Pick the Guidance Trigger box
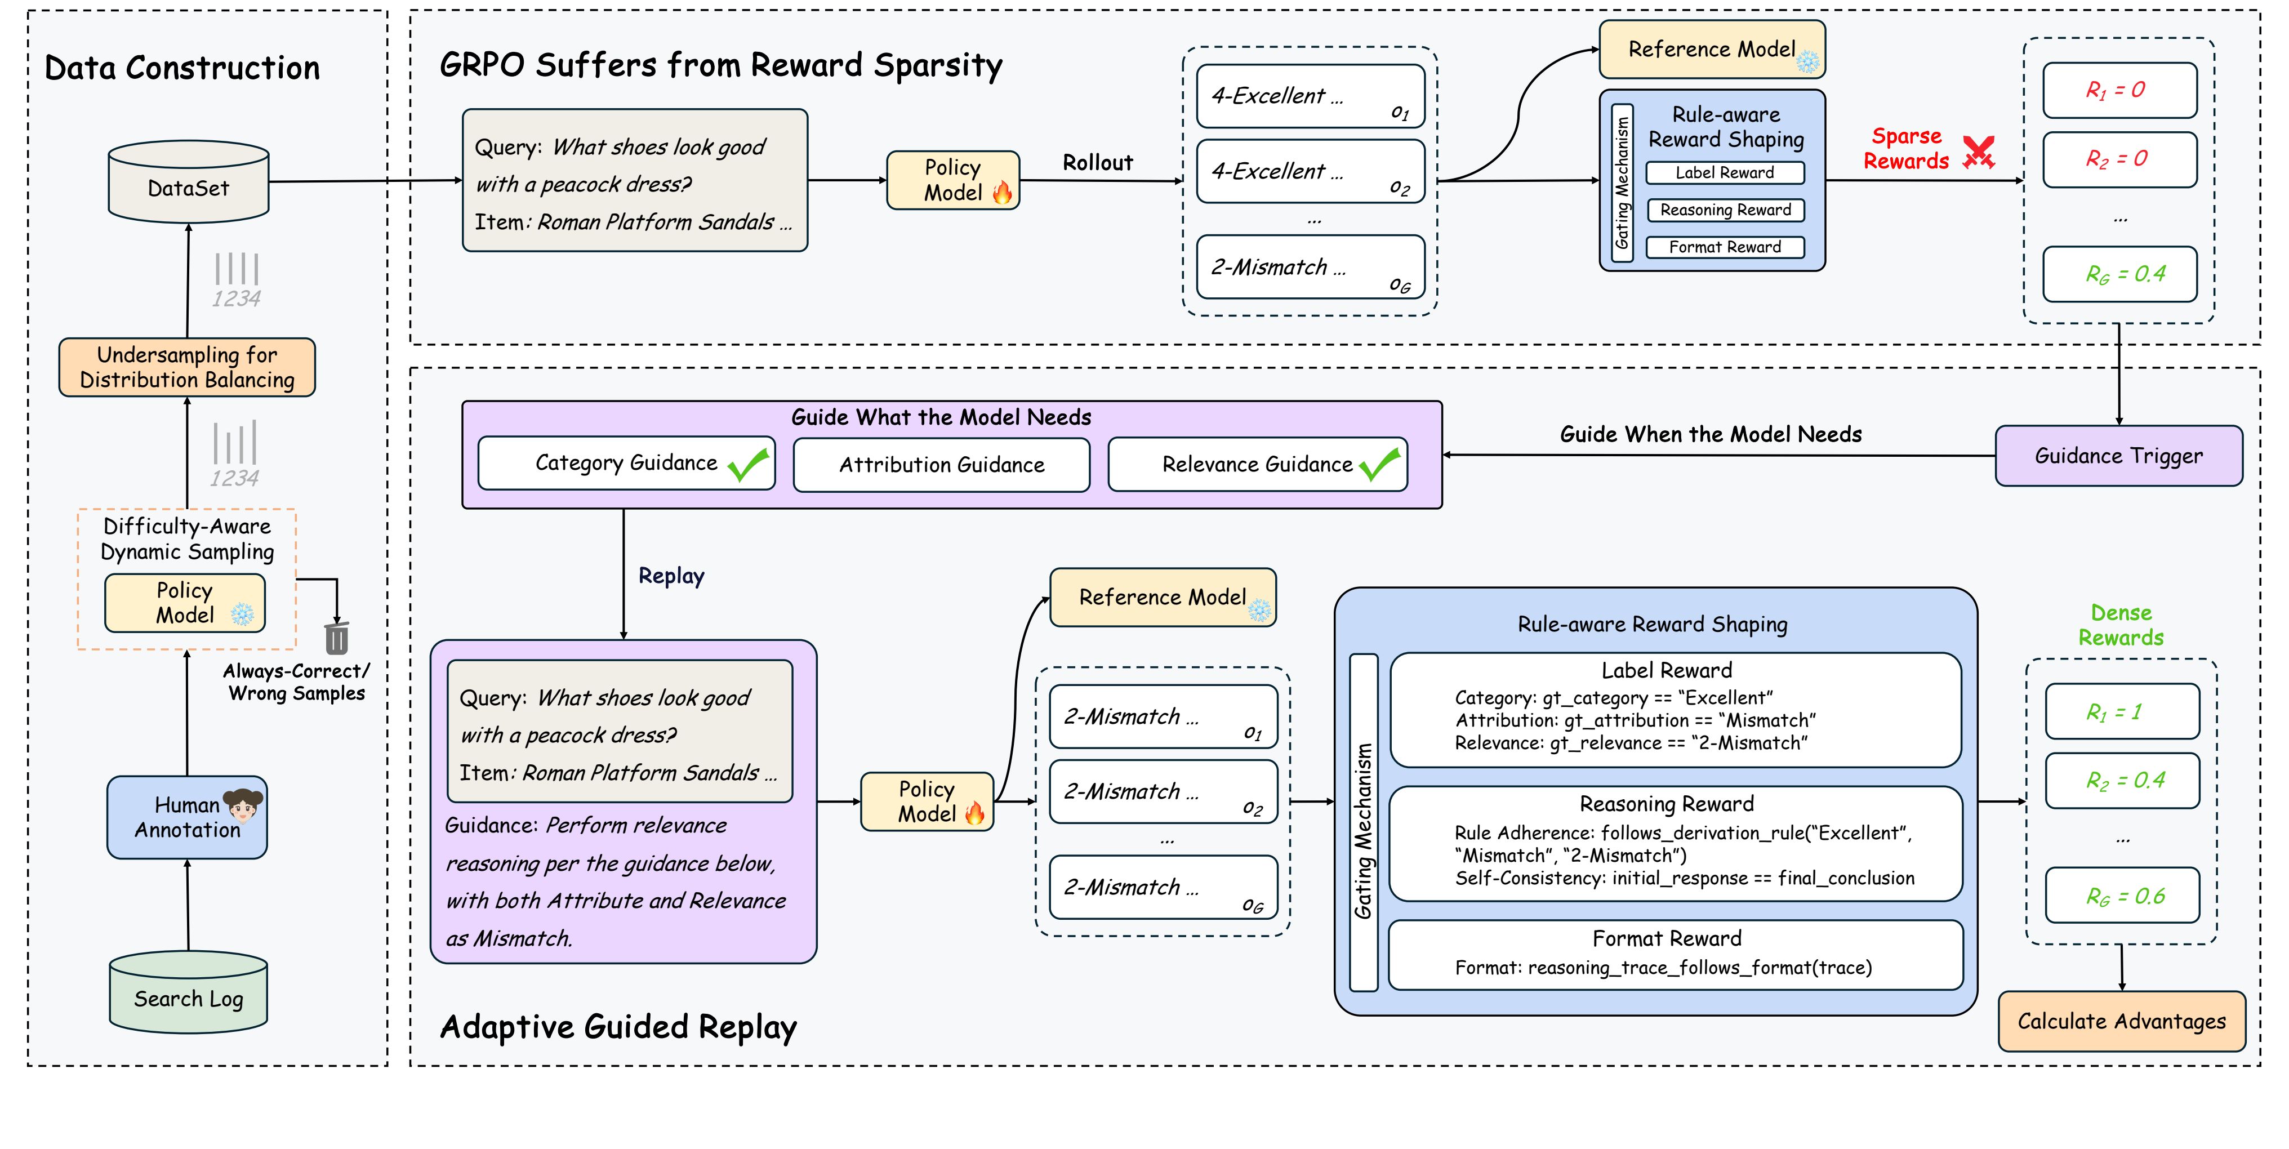point(2118,456)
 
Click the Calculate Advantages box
point(2121,1021)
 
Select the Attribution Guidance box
point(941,465)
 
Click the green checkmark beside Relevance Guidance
point(1379,464)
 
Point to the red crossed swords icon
point(1979,152)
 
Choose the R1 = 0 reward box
point(2119,90)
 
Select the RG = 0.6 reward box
point(2122,896)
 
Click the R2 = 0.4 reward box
point(2122,780)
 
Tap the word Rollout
point(1097,163)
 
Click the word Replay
point(671,576)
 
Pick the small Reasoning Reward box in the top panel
point(1725,210)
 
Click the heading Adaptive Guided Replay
point(618,1026)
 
